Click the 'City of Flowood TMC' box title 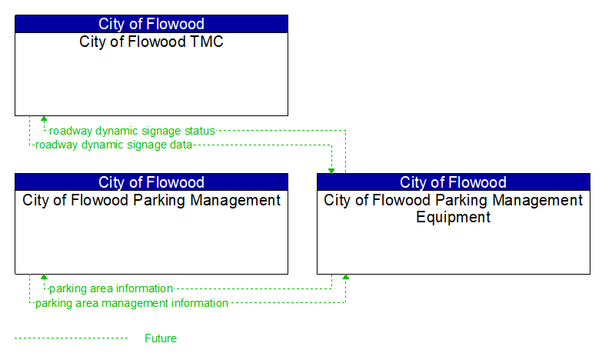(x=151, y=42)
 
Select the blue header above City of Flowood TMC (x=151, y=24)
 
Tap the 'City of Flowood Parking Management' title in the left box (x=151, y=200)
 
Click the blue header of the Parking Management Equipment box (x=453, y=182)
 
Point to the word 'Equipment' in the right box (x=453, y=217)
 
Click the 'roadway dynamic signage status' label (x=132, y=131)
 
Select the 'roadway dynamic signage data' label (x=114, y=144)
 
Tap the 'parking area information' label (x=111, y=288)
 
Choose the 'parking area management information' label (x=131, y=303)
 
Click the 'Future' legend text (x=160, y=338)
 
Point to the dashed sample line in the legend (x=71, y=338)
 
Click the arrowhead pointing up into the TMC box (x=44, y=119)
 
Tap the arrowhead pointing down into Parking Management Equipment (x=331, y=170)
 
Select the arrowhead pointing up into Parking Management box (x=44, y=278)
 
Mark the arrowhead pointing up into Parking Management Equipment (x=346, y=278)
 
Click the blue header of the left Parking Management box (x=151, y=182)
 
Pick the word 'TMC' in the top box (x=206, y=42)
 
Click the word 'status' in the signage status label (x=198, y=131)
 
